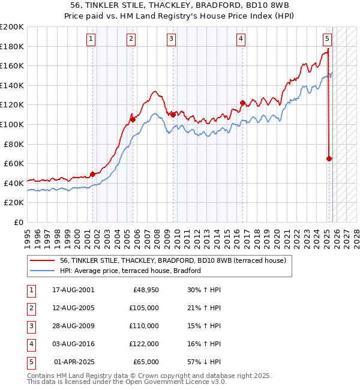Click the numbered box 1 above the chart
(91, 39)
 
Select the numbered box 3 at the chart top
(171, 39)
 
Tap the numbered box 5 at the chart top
(327, 39)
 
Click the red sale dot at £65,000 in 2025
(329, 159)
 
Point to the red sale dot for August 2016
(242, 103)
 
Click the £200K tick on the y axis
(11, 27)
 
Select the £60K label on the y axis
(13, 163)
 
